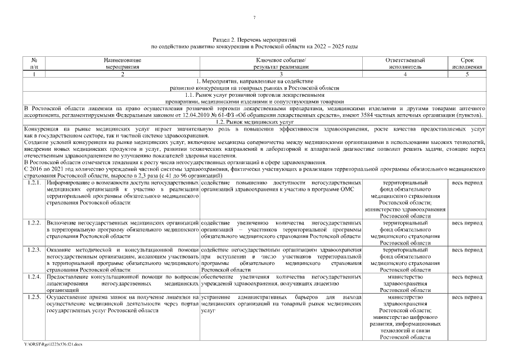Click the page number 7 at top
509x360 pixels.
[254, 18]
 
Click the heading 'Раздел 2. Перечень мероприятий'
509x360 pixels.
[254, 40]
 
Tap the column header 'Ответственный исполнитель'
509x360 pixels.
[404, 62]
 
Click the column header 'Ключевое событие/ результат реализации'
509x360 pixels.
[281, 62]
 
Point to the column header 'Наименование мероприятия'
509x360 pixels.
[122, 62]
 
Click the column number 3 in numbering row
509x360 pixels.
[281, 74]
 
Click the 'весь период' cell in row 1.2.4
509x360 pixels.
[466, 277]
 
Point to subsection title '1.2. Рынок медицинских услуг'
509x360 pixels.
[254, 122]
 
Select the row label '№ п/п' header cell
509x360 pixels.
[34, 62]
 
